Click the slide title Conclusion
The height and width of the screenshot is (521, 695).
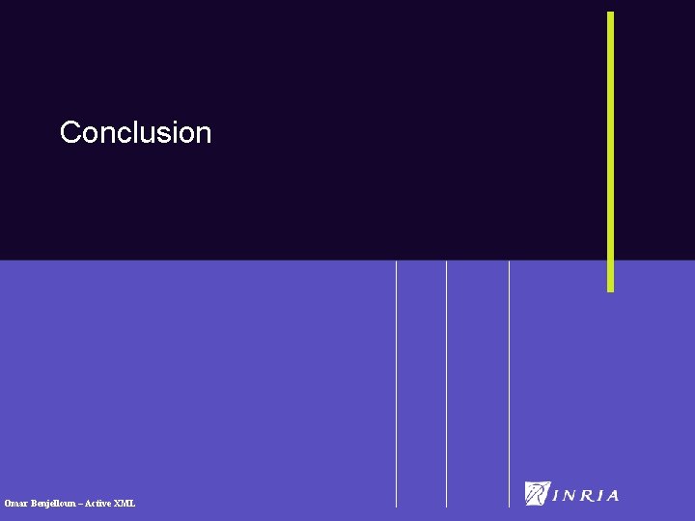point(135,132)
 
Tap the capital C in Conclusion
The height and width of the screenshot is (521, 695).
point(69,132)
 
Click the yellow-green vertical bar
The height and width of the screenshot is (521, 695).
point(610,151)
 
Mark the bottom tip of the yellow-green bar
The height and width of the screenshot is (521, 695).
point(610,289)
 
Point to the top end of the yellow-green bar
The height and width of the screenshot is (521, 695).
point(610,14)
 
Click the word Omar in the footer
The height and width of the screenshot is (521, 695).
point(15,504)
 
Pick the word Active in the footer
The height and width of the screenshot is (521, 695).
point(99,504)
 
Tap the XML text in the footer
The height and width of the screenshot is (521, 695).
point(125,504)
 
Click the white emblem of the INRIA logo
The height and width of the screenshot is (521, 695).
point(537,493)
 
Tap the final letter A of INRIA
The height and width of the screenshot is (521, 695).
point(612,496)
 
